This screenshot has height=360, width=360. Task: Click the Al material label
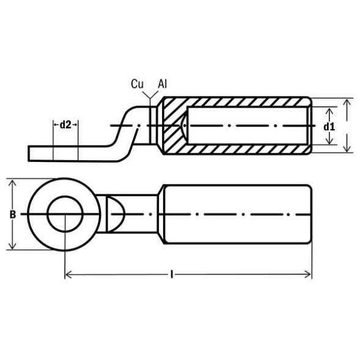(x=163, y=84)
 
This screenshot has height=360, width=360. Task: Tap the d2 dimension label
(x=66, y=124)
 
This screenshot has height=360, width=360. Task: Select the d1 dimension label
(x=329, y=127)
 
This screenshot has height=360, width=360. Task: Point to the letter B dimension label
(x=13, y=214)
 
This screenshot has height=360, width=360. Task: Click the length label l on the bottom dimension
(x=173, y=276)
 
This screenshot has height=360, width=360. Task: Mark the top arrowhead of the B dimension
(x=13, y=182)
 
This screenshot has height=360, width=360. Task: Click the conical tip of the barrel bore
(x=185, y=127)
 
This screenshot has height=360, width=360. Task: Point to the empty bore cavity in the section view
(x=244, y=127)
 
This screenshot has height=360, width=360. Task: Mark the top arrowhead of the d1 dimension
(x=329, y=109)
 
